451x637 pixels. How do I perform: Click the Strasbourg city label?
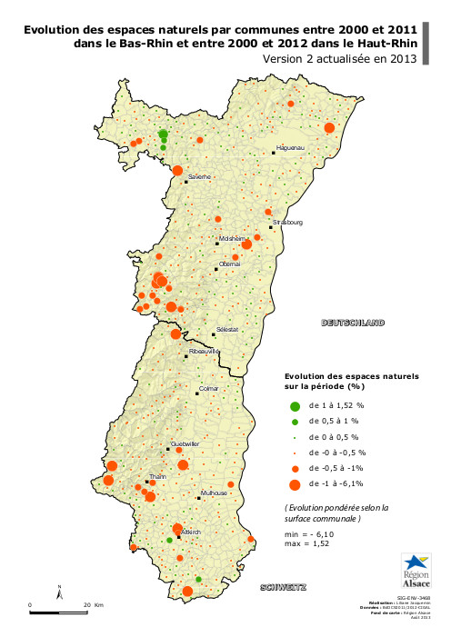[287, 222]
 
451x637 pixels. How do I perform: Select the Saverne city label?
[199, 176]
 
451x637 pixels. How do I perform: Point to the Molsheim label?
[233, 238]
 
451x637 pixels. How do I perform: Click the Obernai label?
[229, 263]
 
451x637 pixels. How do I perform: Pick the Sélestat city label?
[226, 330]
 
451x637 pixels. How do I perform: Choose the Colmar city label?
[209, 389]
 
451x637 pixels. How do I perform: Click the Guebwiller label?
[185, 443]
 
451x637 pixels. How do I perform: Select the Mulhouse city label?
[213, 492]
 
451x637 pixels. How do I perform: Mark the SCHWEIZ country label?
[283, 587]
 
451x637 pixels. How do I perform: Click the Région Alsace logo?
[417, 571]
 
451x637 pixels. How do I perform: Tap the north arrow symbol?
[60, 593]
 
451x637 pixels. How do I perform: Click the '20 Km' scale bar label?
[93, 604]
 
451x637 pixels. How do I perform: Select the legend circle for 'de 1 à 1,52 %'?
[295, 406]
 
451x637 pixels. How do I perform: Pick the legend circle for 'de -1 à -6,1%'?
[295, 483]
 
